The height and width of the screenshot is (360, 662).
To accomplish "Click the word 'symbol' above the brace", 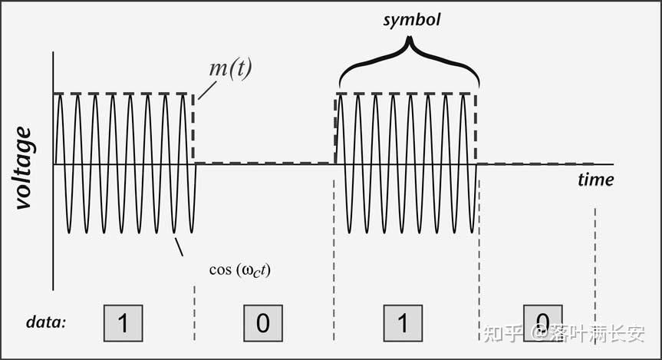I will pyautogui.click(x=412, y=20).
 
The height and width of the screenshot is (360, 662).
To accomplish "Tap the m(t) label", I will pyautogui.click(x=230, y=68).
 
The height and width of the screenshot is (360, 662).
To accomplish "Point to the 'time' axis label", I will pyautogui.click(x=595, y=180).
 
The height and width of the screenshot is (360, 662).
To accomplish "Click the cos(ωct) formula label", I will pyautogui.click(x=240, y=270).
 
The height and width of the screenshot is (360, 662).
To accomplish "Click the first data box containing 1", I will pyautogui.click(x=123, y=322).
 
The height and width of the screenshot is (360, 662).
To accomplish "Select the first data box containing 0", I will pyautogui.click(x=263, y=322).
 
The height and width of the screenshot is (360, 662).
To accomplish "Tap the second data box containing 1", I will pyautogui.click(x=403, y=322).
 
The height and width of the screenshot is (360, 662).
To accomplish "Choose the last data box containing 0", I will pyautogui.click(x=543, y=320).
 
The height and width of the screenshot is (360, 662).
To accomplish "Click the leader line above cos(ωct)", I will pyautogui.click(x=179, y=246).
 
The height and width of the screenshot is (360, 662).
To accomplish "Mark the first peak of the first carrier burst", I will pyautogui.click(x=60, y=96).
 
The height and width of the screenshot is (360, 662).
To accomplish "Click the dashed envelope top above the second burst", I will pyautogui.click(x=407, y=94).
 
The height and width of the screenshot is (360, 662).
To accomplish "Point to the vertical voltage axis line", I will pyautogui.click(x=52, y=230).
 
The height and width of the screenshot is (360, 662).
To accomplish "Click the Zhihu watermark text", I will pyautogui.click(x=564, y=333).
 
